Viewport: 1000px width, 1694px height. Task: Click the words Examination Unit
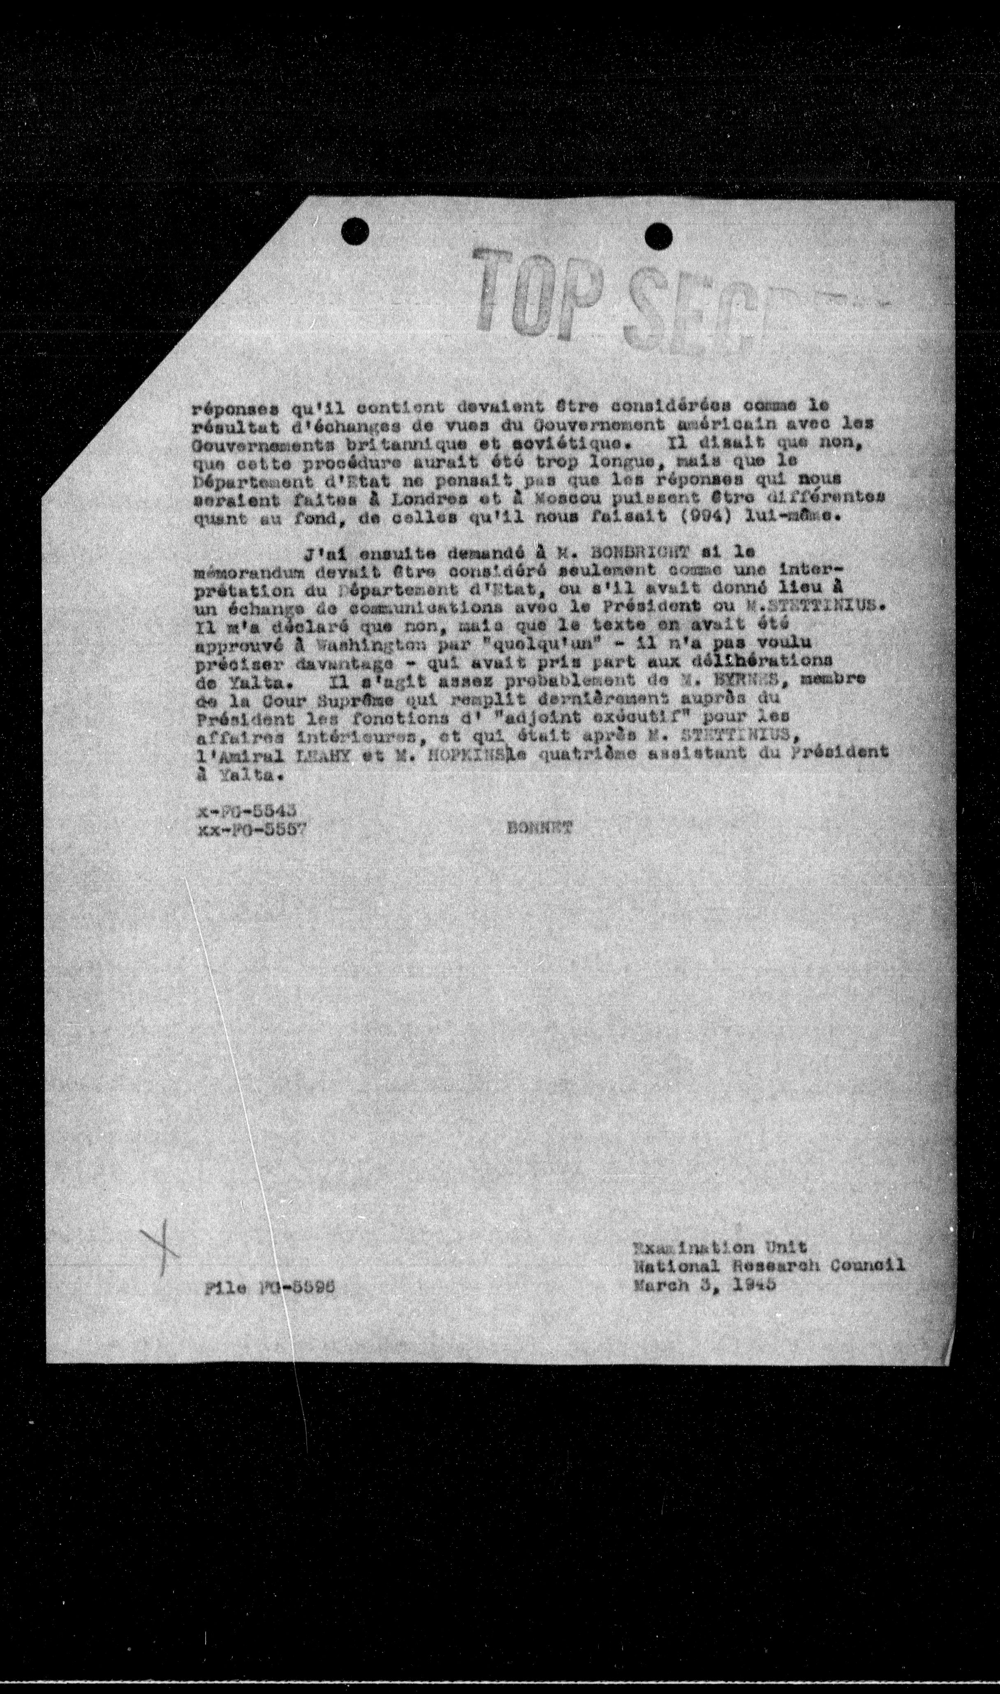coord(720,1247)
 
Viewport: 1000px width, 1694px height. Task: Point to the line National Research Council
coord(768,1266)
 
